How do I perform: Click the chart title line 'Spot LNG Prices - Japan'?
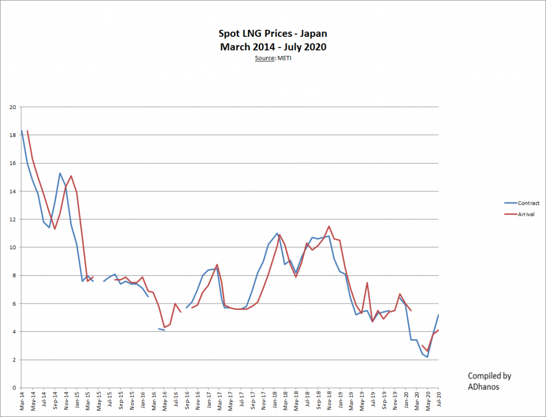pos(273,35)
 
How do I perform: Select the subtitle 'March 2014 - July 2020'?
pos(273,47)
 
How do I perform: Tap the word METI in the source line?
pos(284,58)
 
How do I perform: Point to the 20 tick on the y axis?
pos(13,107)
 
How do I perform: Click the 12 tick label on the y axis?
pos(13,219)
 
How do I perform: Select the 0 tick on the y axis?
pos(14,388)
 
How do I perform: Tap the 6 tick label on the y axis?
pos(14,304)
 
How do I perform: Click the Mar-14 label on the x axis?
pos(22,400)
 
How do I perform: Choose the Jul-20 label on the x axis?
pos(438,400)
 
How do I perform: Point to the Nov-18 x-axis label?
pos(329,400)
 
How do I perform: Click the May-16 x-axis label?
pos(164,400)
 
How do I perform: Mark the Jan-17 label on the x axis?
pos(208,400)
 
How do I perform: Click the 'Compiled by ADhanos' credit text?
pos(489,381)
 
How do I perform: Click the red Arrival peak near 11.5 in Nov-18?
pos(329,226)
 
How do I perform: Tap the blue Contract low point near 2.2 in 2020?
pos(428,357)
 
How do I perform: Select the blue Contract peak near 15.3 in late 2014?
pos(60,173)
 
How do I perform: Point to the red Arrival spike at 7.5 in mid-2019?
pos(367,283)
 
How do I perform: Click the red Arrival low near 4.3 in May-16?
pos(164,328)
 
